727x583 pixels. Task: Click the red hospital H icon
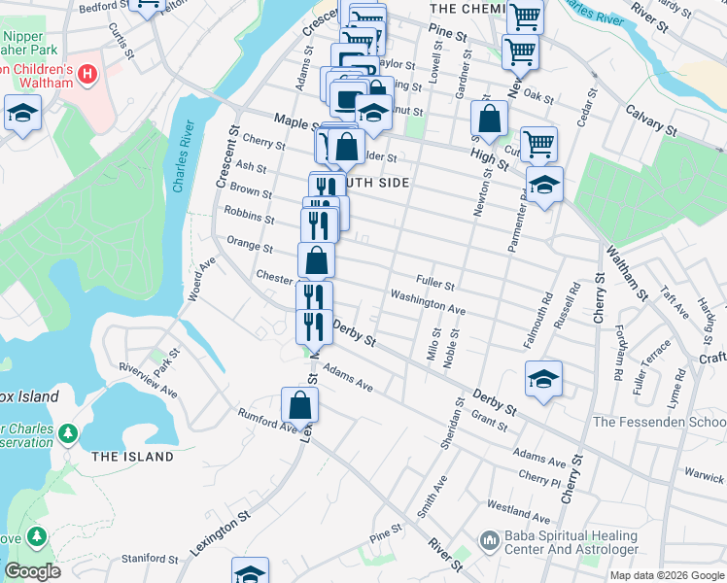pyautogui.click(x=87, y=74)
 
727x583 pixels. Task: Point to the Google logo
pyautogui.click(x=33, y=571)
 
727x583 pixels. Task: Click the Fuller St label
pyautogui.click(x=435, y=283)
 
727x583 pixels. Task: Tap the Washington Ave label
pyautogui.click(x=428, y=301)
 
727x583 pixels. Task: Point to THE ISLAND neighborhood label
pyautogui.click(x=132, y=457)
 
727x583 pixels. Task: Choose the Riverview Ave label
pyautogui.click(x=148, y=380)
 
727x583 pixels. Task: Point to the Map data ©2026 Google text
pyautogui.click(x=667, y=575)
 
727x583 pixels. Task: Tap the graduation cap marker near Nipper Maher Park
pyautogui.click(x=22, y=114)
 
